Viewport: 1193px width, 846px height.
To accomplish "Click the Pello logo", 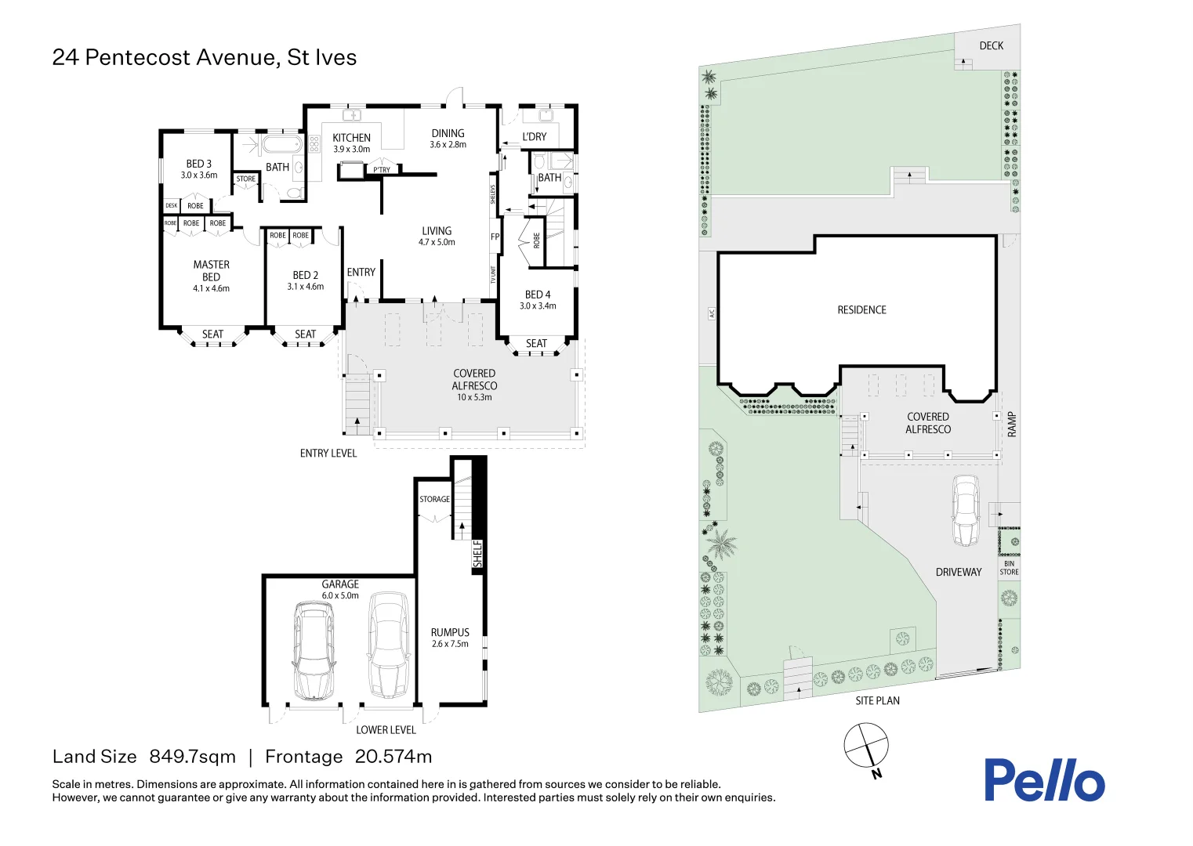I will tap(1044, 780).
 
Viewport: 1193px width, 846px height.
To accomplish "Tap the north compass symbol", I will tap(866, 746).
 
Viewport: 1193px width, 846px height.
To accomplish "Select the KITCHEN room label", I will tap(351, 138).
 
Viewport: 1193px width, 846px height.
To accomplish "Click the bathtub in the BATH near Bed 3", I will tap(281, 145).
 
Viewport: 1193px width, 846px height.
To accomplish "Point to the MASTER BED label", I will tap(212, 271).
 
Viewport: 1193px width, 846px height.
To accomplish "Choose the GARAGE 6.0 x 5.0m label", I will tap(340, 589).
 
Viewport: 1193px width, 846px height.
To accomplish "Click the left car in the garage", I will tap(314, 650).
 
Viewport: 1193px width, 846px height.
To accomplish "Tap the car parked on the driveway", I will tap(966, 511).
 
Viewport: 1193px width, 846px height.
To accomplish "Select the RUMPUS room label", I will tap(450, 633).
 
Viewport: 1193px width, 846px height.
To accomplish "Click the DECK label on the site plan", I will tap(991, 45).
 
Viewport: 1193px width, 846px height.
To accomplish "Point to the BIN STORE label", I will tap(1009, 568).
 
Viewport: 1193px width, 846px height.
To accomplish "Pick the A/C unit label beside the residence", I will tap(712, 313).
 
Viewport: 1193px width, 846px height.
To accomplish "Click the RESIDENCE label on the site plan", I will tap(861, 310).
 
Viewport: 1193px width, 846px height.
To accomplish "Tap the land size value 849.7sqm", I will tap(192, 757).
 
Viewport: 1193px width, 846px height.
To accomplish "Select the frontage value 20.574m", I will tap(393, 757).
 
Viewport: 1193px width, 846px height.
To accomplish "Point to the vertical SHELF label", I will tap(477, 554).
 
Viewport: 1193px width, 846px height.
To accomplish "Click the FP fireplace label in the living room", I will tap(495, 237).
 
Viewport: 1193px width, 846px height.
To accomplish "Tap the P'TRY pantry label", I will tap(382, 169).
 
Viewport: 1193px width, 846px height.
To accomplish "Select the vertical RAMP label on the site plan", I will tap(1011, 424).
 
